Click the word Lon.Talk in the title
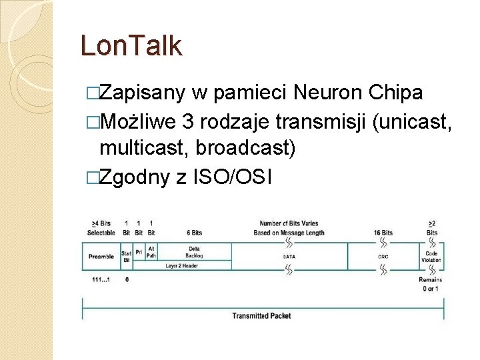(131, 46)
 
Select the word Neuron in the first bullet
(329, 93)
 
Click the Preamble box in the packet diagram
(101, 256)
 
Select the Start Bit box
(126, 256)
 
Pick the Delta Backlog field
(194, 251)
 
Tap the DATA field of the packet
(289, 256)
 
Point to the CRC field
(383, 256)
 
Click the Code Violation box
(431, 256)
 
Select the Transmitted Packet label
(261, 315)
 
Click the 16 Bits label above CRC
(383, 233)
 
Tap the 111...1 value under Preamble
(101, 279)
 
